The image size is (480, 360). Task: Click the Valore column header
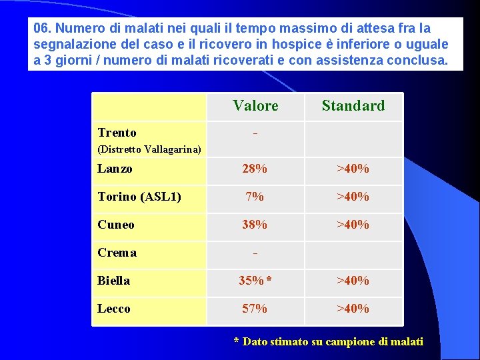[x=255, y=105]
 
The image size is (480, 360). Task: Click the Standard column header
[x=353, y=105]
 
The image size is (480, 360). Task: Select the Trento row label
[x=117, y=133]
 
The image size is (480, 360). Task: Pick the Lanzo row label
[x=115, y=169]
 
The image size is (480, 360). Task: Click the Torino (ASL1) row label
[x=139, y=197]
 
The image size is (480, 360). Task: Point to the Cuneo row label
[x=116, y=225]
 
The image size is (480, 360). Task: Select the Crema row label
[x=117, y=253]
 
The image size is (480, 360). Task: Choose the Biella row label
[x=114, y=281]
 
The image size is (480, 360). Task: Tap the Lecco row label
[x=114, y=309]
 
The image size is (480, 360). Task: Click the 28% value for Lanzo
[x=255, y=169]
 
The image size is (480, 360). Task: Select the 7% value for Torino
[x=255, y=197]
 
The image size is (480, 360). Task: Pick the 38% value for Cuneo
[x=255, y=225]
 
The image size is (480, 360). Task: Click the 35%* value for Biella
[x=255, y=281]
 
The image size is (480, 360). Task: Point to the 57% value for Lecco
[x=255, y=309]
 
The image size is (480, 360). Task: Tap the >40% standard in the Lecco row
[x=353, y=309]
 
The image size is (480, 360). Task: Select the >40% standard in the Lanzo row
[x=353, y=169]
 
